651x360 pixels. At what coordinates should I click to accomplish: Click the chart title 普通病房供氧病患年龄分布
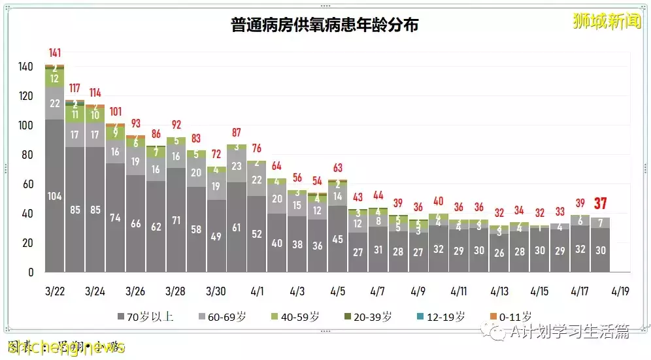[325, 25]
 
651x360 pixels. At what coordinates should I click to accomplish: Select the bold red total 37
[600, 204]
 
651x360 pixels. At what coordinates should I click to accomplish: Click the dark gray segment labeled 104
[55, 195]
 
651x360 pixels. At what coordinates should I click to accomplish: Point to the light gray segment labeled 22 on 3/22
[55, 103]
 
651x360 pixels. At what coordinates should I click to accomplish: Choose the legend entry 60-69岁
[222, 317]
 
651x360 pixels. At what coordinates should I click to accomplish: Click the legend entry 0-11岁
[510, 317]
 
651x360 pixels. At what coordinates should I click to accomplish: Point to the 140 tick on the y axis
[25, 67]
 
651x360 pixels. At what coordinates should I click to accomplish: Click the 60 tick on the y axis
[28, 184]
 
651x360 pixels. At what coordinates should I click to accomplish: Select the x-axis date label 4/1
[257, 290]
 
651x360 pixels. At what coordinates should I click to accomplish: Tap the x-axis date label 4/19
[620, 290]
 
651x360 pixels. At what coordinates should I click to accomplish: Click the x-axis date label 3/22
[55, 290]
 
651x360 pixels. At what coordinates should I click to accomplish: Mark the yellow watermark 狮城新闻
[597, 20]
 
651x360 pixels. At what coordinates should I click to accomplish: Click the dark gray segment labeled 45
[337, 239]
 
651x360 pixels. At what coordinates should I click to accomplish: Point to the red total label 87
[237, 133]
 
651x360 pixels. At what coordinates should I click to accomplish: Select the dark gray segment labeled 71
[176, 220]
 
